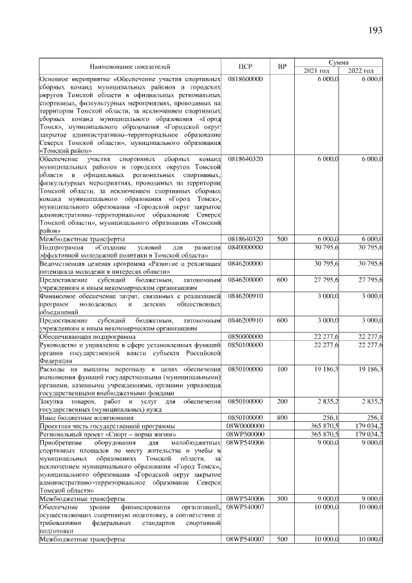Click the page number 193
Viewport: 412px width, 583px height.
coord(376,30)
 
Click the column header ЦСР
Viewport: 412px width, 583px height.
coord(244,66)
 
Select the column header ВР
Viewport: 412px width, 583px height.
coord(281,66)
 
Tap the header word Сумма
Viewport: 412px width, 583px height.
coord(339,62)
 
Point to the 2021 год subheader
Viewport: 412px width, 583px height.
coord(317,70)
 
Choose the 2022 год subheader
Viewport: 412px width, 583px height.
coord(360,70)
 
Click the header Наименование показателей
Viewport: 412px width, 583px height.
coord(131,66)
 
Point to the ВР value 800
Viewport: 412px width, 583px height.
coord(281,417)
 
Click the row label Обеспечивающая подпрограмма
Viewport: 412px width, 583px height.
coord(88,336)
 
